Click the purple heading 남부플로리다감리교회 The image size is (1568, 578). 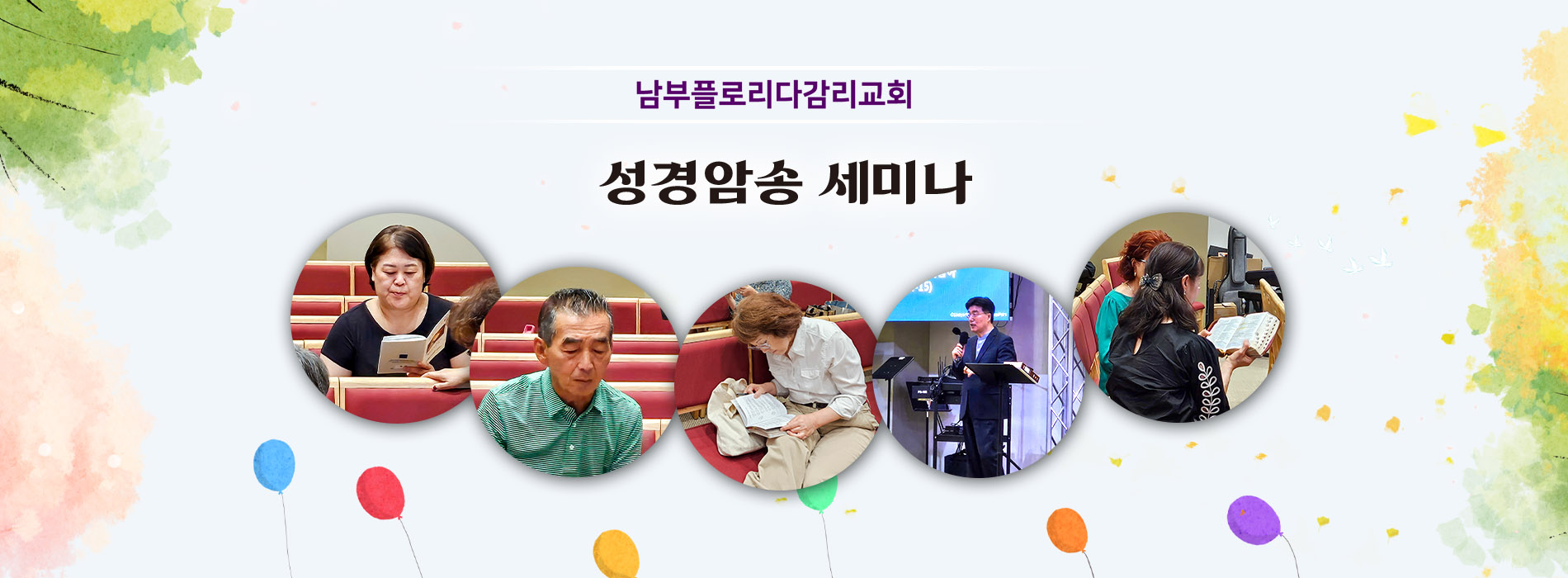[773, 93]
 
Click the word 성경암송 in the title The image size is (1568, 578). [701, 182]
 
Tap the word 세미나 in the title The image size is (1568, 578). [895, 182]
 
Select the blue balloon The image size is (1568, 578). [274, 466]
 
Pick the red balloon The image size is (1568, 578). [380, 494]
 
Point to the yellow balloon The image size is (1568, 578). [616, 553]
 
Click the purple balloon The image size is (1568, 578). [1254, 520]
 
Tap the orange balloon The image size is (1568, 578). [1067, 530]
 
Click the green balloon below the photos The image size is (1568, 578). [818, 493]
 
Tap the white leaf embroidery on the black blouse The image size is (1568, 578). [1209, 390]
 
